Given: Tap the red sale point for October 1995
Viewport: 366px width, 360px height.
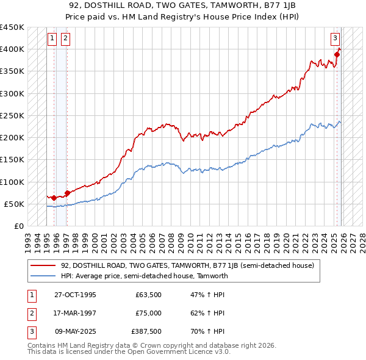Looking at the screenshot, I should [54, 198].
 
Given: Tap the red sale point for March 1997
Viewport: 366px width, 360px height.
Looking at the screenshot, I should [66, 193].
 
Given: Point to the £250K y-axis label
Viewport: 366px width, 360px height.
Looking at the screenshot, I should [12, 115].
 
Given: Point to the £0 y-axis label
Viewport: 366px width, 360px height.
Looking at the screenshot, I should [19, 226].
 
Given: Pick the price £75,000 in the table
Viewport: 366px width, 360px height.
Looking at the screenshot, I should [148, 313].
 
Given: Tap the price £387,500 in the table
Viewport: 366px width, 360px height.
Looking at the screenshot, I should [146, 332].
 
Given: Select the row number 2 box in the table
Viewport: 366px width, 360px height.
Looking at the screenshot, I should [30, 313].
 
